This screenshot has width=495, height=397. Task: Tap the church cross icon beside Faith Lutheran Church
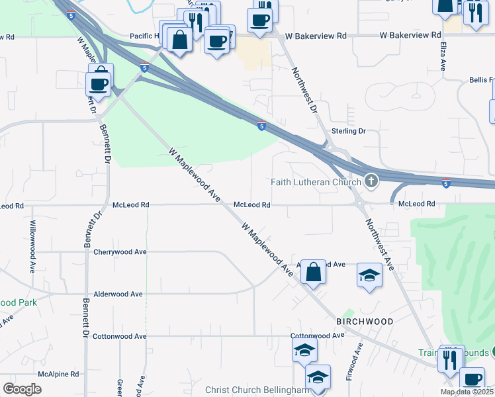(371, 181)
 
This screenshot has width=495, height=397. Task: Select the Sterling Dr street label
(348, 131)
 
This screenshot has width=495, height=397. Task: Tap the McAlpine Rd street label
(58, 374)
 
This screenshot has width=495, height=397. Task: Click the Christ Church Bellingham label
(253, 390)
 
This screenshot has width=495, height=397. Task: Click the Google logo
(22, 389)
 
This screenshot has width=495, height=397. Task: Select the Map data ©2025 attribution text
(467, 392)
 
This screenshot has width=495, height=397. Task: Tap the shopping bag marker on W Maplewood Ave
(313, 272)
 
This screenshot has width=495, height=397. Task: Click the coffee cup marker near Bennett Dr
(99, 84)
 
